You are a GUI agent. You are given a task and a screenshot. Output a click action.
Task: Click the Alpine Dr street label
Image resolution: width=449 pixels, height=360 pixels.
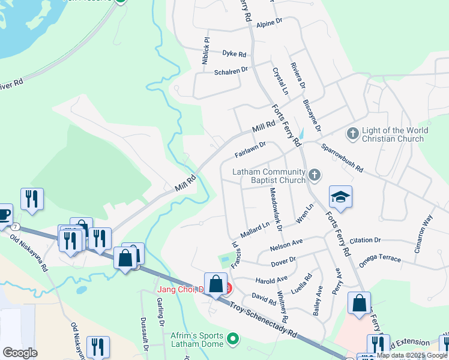[x=270, y=22]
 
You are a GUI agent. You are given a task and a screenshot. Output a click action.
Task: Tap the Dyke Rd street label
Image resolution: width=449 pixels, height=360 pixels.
[x=234, y=54]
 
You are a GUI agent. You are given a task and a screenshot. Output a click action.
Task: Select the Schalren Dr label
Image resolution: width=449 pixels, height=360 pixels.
[x=231, y=71]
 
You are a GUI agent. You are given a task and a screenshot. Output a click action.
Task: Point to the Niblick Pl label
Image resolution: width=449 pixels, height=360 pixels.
[x=206, y=51]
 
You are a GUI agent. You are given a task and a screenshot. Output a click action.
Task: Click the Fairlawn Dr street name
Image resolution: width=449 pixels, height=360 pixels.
[x=250, y=150]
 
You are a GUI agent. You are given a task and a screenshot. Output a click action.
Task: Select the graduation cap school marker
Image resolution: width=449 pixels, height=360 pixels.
[x=340, y=197]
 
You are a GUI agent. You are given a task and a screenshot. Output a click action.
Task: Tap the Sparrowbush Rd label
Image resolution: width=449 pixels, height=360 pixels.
[x=342, y=158]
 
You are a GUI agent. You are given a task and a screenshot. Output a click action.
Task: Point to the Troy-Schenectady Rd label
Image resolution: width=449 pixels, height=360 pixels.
[x=265, y=319]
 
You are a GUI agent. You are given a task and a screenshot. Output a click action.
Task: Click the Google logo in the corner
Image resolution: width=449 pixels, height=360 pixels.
[x=20, y=352]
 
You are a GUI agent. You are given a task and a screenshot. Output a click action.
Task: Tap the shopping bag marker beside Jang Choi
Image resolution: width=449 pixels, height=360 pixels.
[x=215, y=284]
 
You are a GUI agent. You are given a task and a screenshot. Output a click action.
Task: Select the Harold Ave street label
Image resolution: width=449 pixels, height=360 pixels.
[x=272, y=280]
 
